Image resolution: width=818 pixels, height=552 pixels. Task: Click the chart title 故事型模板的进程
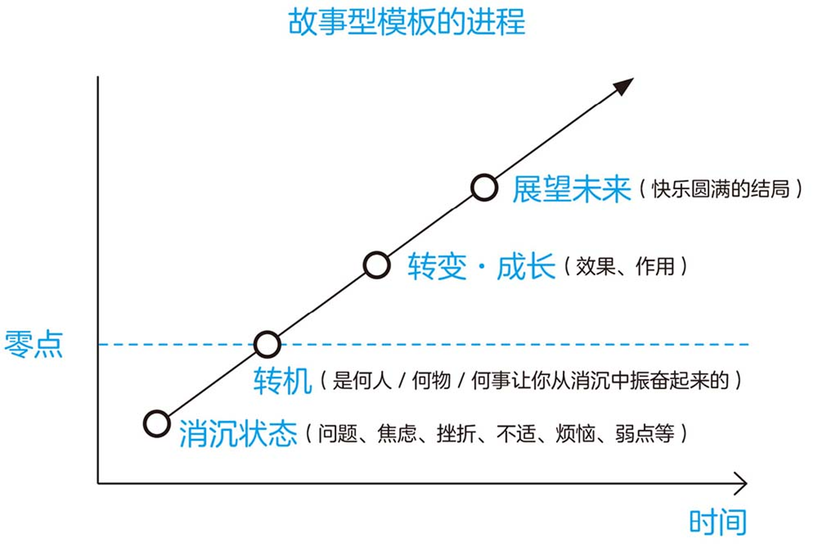tap(407, 22)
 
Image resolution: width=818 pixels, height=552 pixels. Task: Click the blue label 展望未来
tap(571, 189)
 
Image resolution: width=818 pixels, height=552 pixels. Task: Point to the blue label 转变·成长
tap(481, 266)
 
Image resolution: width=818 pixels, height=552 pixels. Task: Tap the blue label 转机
tap(283, 381)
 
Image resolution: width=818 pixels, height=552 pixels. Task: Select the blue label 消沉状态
tap(238, 434)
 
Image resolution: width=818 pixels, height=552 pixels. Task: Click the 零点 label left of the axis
tap(34, 344)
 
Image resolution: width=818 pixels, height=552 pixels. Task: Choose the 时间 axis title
tap(718, 522)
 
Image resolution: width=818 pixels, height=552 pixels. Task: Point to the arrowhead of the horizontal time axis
tap(741, 484)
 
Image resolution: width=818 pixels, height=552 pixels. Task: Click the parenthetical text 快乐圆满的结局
tap(721, 189)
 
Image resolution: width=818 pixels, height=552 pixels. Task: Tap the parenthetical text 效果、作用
tap(625, 267)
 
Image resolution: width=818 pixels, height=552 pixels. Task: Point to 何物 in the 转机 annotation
tap(431, 381)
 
